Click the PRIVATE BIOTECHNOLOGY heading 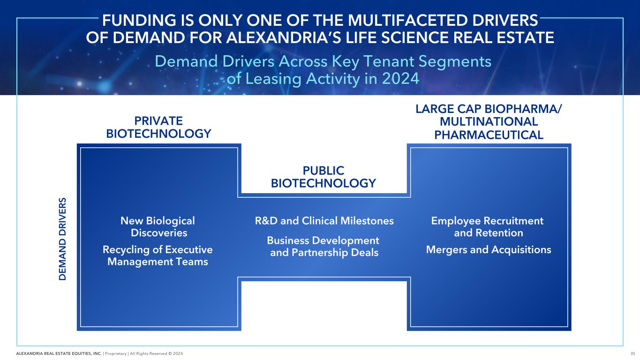click(x=158, y=127)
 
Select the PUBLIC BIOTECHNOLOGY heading click(x=324, y=177)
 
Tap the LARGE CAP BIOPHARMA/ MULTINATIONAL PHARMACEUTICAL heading click(x=489, y=122)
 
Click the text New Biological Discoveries click(x=158, y=226)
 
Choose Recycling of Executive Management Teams click(x=158, y=255)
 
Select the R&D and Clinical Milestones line click(x=324, y=221)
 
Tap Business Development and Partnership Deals click(x=324, y=247)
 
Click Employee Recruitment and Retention click(x=488, y=226)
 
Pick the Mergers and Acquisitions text click(x=488, y=250)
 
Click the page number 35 click(x=632, y=353)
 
